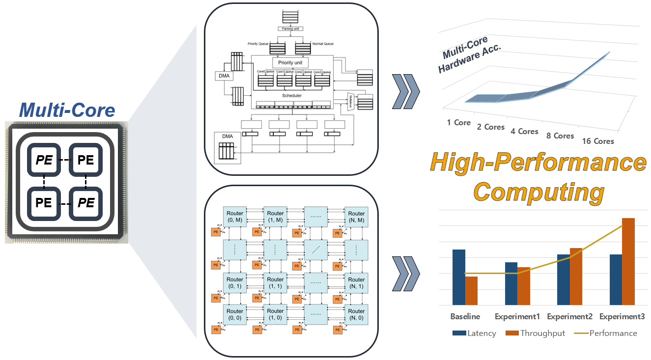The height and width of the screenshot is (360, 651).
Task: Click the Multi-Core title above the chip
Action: pos(67,111)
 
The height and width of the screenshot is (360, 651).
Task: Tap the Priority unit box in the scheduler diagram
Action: pos(290,63)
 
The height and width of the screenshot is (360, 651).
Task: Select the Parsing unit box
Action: pos(290,29)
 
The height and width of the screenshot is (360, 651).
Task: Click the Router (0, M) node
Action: pos(235,217)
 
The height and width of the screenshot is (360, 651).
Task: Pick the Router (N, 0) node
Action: pos(356,314)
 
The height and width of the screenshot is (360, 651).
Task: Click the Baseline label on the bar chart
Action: pos(465,316)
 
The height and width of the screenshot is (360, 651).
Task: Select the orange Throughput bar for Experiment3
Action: pos(628,262)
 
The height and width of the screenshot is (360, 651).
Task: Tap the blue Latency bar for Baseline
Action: pos(458,277)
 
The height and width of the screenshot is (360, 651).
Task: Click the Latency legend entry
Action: pos(474,333)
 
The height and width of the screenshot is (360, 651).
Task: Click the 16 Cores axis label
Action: pos(598,141)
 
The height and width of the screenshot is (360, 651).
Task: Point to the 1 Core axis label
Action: pos(458,122)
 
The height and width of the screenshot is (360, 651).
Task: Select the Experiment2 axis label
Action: pos(569,316)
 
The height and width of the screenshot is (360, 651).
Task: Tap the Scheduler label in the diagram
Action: pos(292,95)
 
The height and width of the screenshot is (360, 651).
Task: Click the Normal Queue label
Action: pos(322,44)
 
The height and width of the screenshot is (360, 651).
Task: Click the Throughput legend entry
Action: pos(536,333)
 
